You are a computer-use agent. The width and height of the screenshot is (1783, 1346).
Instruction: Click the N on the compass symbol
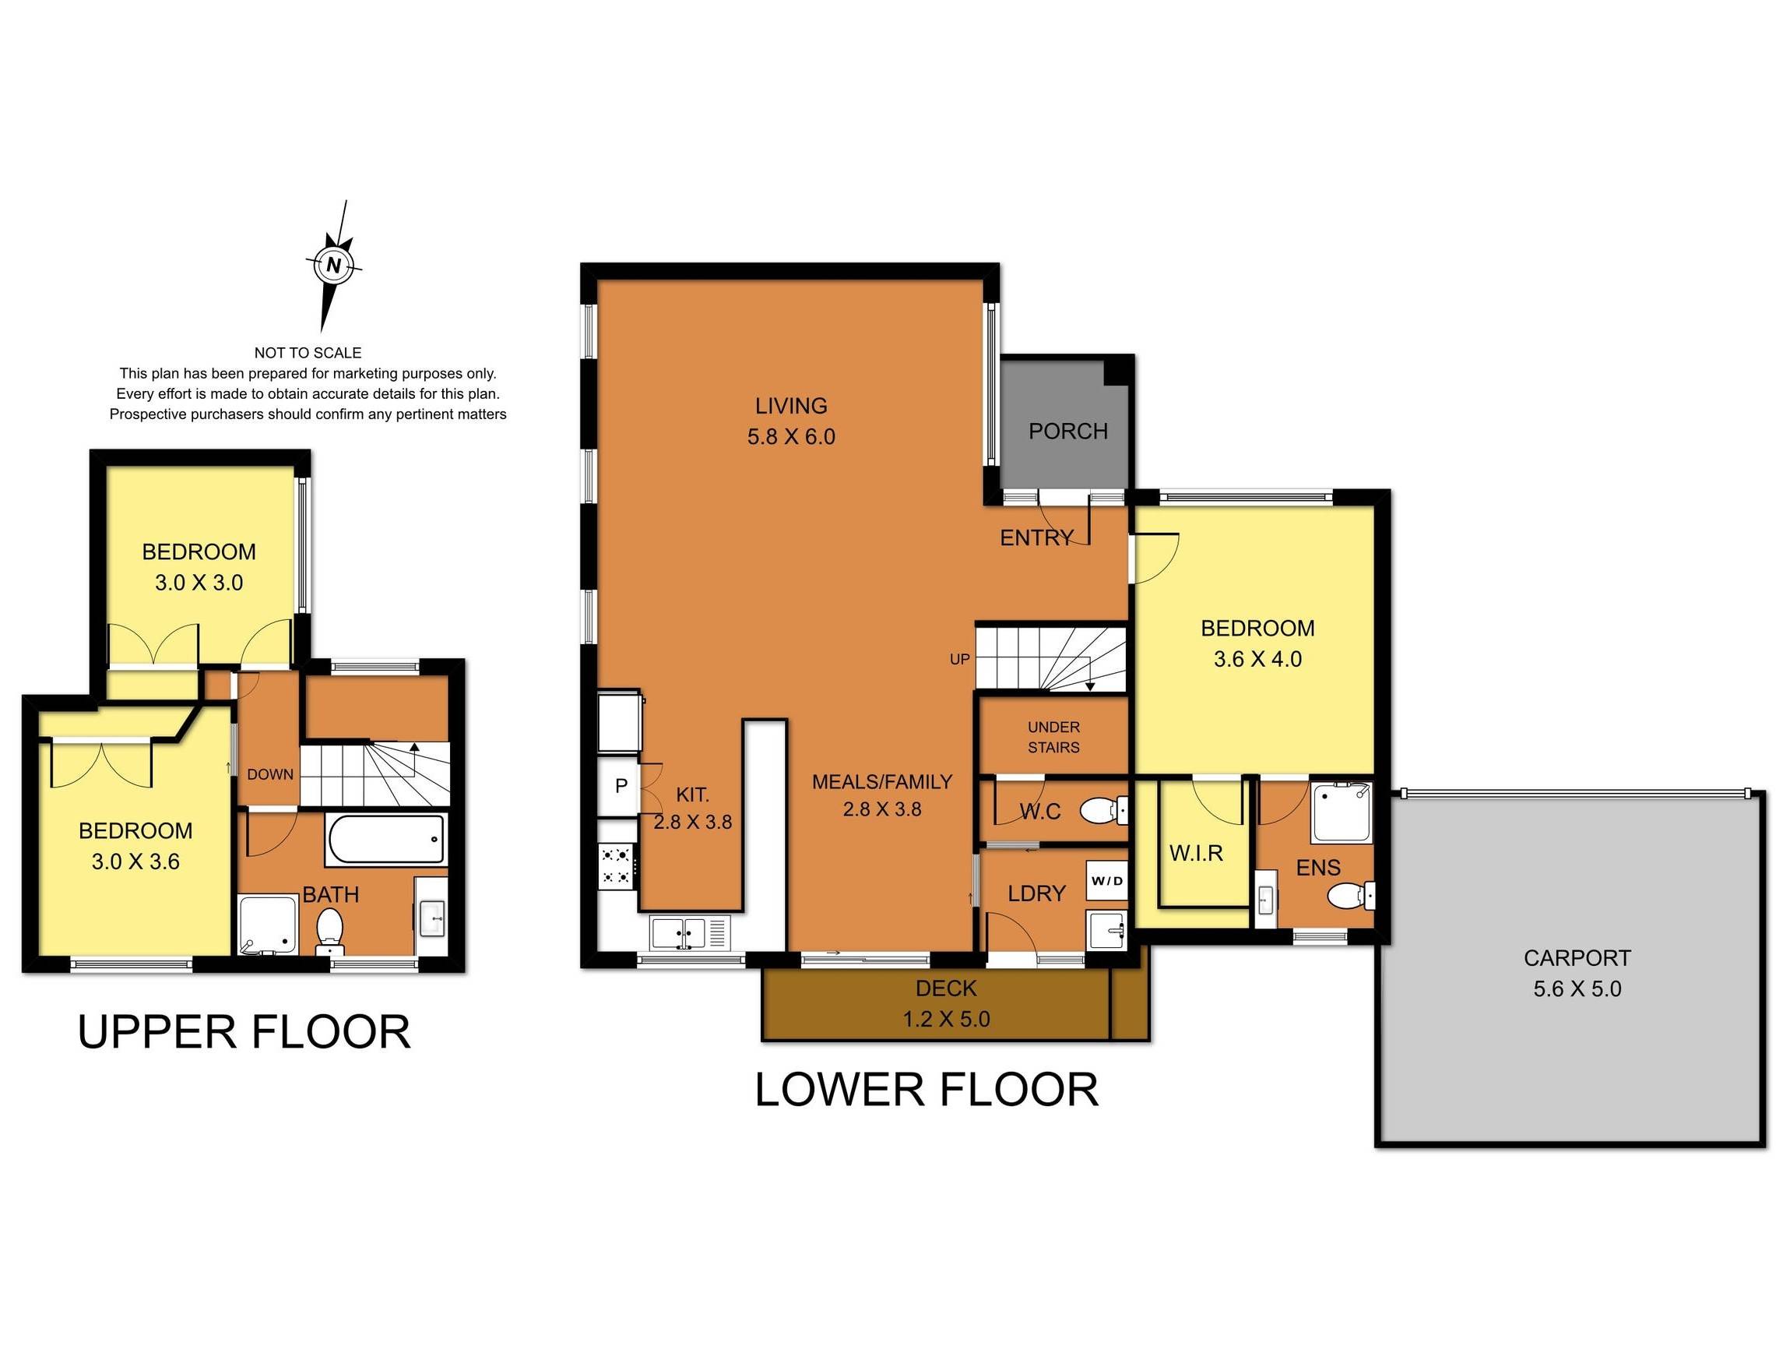(x=334, y=265)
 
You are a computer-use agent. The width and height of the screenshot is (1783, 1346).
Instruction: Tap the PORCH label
(x=1068, y=432)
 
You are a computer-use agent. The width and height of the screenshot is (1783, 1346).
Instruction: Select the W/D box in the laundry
(x=1106, y=881)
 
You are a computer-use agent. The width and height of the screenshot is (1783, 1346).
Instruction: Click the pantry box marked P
(x=621, y=785)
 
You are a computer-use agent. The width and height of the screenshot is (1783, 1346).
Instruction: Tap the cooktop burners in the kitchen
(x=617, y=865)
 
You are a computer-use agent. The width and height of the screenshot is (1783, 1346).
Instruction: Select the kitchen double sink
(x=680, y=933)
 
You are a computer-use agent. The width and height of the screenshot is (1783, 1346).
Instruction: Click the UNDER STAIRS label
(x=1053, y=737)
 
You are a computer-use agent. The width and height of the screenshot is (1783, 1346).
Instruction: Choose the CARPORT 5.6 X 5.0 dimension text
(x=1577, y=988)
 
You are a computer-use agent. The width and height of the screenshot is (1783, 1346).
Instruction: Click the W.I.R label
(x=1196, y=852)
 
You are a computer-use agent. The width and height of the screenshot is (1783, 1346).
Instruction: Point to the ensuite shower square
(x=1342, y=812)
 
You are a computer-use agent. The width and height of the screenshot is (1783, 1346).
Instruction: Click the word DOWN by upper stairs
(x=270, y=774)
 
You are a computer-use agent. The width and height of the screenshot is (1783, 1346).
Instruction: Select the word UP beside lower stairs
(x=959, y=659)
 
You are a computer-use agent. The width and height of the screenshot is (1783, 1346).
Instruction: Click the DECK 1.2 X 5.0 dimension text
(x=945, y=1020)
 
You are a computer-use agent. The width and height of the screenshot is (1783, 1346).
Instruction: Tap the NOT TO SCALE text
(x=308, y=352)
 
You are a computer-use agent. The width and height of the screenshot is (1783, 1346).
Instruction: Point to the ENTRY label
(x=1036, y=538)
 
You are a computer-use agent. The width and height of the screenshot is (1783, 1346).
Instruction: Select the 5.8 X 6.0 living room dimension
(x=791, y=437)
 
